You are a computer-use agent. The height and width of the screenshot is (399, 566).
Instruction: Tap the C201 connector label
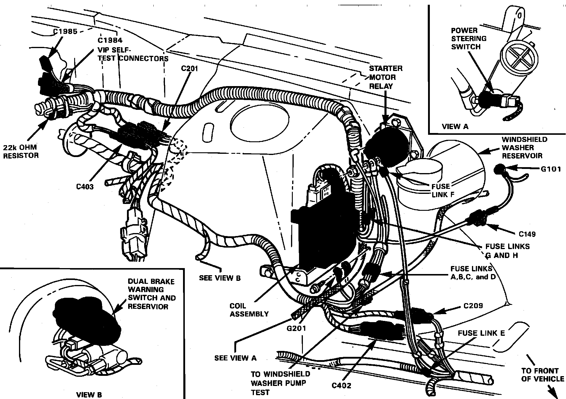pos(190,69)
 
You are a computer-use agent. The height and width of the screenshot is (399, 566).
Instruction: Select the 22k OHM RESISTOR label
pos(21,151)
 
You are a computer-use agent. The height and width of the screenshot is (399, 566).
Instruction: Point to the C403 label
pos(85,186)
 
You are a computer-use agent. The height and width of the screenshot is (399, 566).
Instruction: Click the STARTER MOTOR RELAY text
pos(385,77)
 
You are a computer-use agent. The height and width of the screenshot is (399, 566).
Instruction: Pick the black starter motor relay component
pos(386,147)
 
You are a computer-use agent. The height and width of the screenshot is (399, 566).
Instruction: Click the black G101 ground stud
pos(498,169)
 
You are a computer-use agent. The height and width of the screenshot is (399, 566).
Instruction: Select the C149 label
pos(527,234)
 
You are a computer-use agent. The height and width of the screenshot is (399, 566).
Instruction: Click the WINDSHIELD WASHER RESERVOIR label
pos(522,147)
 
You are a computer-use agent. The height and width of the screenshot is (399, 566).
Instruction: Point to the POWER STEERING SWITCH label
pos(469,39)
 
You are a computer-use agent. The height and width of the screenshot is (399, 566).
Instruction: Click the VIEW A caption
pos(455,126)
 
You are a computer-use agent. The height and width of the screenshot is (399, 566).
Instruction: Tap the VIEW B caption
pos(89,395)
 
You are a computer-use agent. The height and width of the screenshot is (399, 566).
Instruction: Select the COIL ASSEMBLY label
pos(249,310)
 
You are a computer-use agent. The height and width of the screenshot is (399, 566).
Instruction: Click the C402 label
pos(341,385)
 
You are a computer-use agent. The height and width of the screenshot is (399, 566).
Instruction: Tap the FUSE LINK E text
pos(481,333)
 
